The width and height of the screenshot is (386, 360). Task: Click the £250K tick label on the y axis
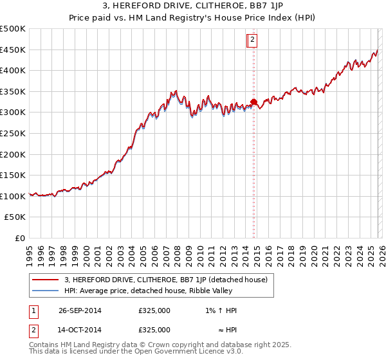[x=13, y=133]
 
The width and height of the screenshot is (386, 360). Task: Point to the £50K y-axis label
[x=15, y=217]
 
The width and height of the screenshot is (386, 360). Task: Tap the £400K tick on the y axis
[x=13, y=71]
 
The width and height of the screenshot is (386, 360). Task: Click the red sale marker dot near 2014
[x=253, y=102]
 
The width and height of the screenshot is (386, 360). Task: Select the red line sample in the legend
[x=45, y=280]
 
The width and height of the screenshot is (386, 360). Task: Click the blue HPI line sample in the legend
[x=45, y=291]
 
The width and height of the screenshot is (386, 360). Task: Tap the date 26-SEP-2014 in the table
[x=80, y=310]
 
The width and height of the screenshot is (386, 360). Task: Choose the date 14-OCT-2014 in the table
[x=80, y=329]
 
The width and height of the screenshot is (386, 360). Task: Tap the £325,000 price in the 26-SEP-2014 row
[x=154, y=310]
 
